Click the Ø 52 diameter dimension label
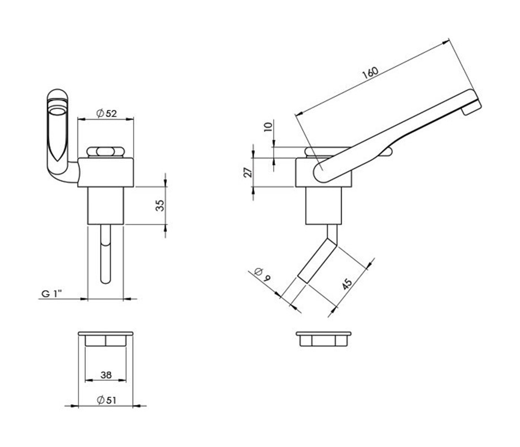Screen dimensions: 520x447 tap(107, 113)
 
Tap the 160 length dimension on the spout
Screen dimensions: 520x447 tap(370, 73)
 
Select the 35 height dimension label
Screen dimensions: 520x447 tap(160, 206)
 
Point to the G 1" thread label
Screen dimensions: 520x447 tap(51, 293)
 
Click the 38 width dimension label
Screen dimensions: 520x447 tap(106, 375)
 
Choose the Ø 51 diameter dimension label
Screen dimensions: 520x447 tap(107, 400)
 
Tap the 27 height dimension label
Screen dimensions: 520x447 tap(248, 172)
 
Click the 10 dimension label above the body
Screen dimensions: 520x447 tap(268, 127)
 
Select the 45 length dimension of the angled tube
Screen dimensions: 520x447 tap(347, 284)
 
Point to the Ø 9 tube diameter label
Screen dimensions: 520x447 tap(262, 274)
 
